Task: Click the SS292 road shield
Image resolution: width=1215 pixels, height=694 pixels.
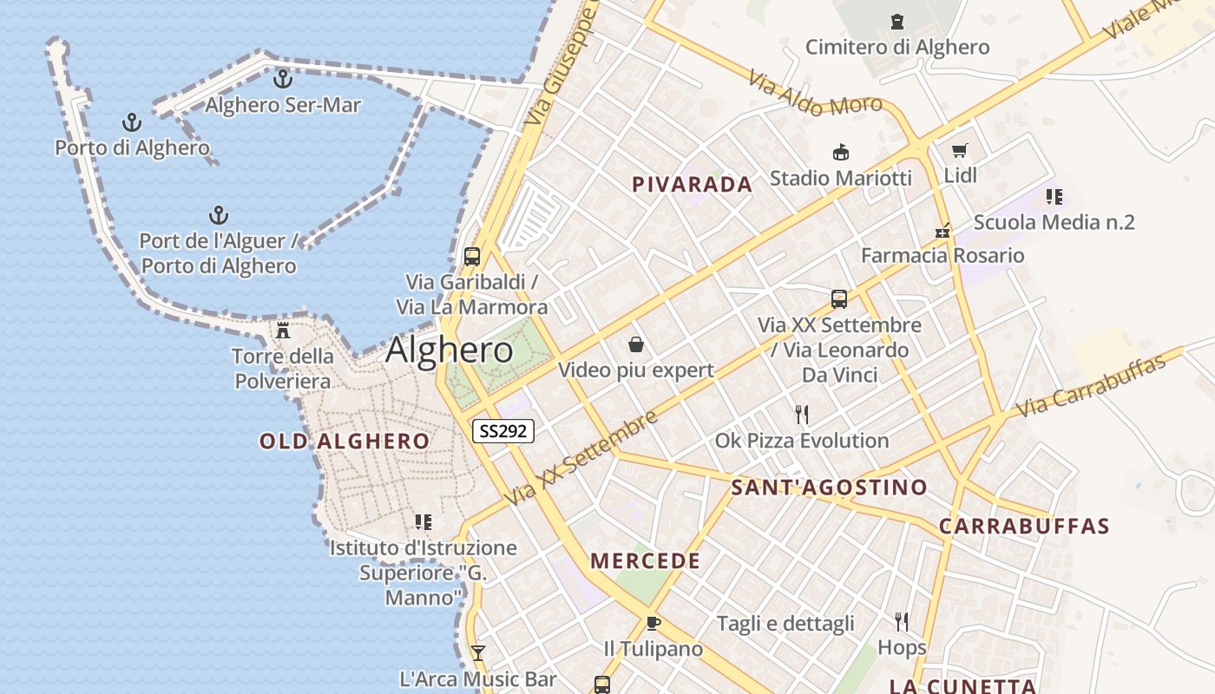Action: pyautogui.click(x=502, y=430)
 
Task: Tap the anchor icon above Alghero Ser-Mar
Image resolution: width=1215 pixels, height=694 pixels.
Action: pyautogui.click(x=282, y=79)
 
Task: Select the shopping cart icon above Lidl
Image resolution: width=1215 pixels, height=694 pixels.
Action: pyautogui.click(x=959, y=150)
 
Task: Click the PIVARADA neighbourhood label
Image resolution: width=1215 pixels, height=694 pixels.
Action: pyautogui.click(x=692, y=184)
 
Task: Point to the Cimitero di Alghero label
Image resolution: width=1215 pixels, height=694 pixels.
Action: pyautogui.click(x=896, y=47)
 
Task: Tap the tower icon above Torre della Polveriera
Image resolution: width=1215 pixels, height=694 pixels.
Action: pyautogui.click(x=282, y=330)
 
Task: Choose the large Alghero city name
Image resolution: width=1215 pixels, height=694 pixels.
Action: pyautogui.click(x=449, y=350)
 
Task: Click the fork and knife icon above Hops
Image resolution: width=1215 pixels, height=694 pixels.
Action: pyautogui.click(x=902, y=621)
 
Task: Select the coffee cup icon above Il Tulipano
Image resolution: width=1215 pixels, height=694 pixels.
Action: pyautogui.click(x=653, y=623)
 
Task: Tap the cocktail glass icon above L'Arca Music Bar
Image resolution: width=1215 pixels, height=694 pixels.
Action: pyautogui.click(x=477, y=652)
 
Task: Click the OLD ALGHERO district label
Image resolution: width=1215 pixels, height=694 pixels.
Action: pyautogui.click(x=345, y=441)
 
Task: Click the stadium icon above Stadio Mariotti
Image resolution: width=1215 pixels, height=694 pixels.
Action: pyautogui.click(x=840, y=153)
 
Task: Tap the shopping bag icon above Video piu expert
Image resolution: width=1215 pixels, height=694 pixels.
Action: pyautogui.click(x=636, y=344)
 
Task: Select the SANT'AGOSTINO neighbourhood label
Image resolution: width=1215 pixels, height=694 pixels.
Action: pyautogui.click(x=829, y=487)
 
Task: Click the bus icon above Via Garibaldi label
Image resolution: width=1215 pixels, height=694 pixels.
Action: pyautogui.click(x=472, y=257)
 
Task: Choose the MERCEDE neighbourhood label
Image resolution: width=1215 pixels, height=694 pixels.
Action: pyautogui.click(x=645, y=560)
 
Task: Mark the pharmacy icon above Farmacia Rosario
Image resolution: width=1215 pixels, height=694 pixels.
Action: pyautogui.click(x=942, y=231)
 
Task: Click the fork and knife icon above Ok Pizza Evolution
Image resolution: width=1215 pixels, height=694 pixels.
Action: pyautogui.click(x=802, y=415)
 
